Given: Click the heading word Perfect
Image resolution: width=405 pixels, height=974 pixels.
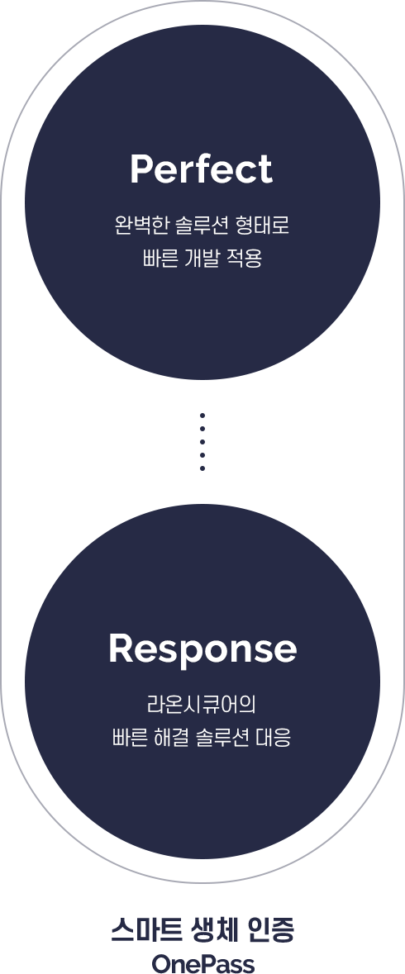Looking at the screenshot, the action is pos(201,169).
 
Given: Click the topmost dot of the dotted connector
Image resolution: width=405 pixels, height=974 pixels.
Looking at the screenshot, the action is pos(202,416).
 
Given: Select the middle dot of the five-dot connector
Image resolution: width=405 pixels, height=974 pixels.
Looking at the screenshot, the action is pos(202,442).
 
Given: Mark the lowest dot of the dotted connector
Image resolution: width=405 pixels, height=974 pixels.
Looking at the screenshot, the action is pos(202,468).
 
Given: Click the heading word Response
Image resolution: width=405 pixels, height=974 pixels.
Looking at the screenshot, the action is pos(202,649).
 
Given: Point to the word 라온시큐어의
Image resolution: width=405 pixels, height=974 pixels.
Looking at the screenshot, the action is pos(202,705).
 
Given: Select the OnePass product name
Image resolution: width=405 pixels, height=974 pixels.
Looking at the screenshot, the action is pos(202,963).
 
